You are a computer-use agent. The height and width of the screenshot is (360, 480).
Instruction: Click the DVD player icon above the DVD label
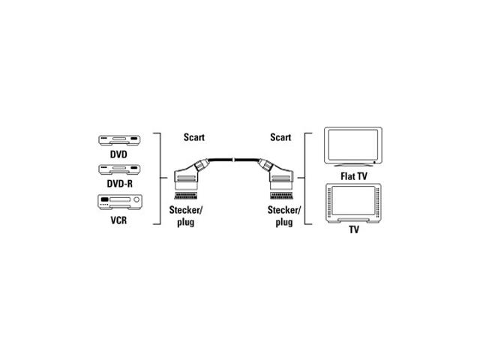119,140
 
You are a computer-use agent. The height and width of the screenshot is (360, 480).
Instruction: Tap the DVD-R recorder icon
119,169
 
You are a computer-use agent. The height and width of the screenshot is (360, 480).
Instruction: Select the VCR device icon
120,202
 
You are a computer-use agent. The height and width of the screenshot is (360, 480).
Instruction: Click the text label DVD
118,154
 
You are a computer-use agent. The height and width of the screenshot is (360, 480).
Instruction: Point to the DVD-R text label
120,184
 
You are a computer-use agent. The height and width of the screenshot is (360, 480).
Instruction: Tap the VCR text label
118,220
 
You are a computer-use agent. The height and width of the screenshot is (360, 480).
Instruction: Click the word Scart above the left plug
194,137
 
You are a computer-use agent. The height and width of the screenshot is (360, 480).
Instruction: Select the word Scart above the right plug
280,137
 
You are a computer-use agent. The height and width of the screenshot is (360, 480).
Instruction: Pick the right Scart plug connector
276,178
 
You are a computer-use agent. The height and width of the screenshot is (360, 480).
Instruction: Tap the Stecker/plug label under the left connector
186,216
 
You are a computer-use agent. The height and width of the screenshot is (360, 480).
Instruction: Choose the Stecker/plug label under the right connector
284,216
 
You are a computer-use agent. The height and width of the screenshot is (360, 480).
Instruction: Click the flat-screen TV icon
353,147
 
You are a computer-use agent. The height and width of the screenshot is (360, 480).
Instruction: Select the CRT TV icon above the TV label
353,203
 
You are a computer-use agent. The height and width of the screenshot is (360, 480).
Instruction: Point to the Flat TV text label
353,176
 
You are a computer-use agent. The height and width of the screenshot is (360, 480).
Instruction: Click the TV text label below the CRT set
354,229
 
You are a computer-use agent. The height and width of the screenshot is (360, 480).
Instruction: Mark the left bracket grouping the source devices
157,178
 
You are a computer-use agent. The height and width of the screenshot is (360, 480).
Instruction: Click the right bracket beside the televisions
307,178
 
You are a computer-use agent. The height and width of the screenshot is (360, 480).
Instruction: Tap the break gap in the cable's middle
234,160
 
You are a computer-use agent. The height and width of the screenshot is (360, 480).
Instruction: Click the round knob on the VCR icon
136,200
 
